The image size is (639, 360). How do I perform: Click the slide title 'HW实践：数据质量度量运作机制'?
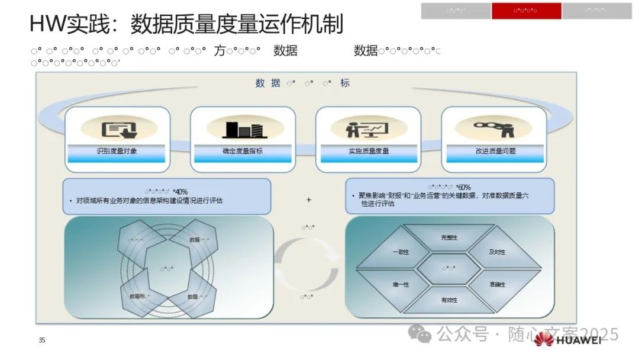tap(186, 24)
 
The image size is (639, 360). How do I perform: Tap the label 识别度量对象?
tap(117, 151)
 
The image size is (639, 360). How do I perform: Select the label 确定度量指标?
tap(243, 151)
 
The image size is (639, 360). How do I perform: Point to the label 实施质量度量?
tap(369, 151)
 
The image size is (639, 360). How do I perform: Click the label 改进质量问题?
tap(495, 151)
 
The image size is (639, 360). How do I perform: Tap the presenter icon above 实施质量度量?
tap(368, 128)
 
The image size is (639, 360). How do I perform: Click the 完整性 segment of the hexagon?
tap(449, 237)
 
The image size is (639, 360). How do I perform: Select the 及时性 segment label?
tap(497, 252)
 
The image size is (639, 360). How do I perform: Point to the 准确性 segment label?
tap(497, 285)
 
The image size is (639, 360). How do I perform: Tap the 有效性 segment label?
tap(449, 300)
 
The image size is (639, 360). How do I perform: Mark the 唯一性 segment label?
tap(401, 285)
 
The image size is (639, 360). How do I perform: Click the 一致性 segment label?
tap(401, 252)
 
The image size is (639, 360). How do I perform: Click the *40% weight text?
tap(180, 191)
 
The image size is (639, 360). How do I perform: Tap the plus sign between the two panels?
tap(309, 200)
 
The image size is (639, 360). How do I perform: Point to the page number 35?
tap(41, 340)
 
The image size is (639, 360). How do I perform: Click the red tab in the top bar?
tap(526, 11)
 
